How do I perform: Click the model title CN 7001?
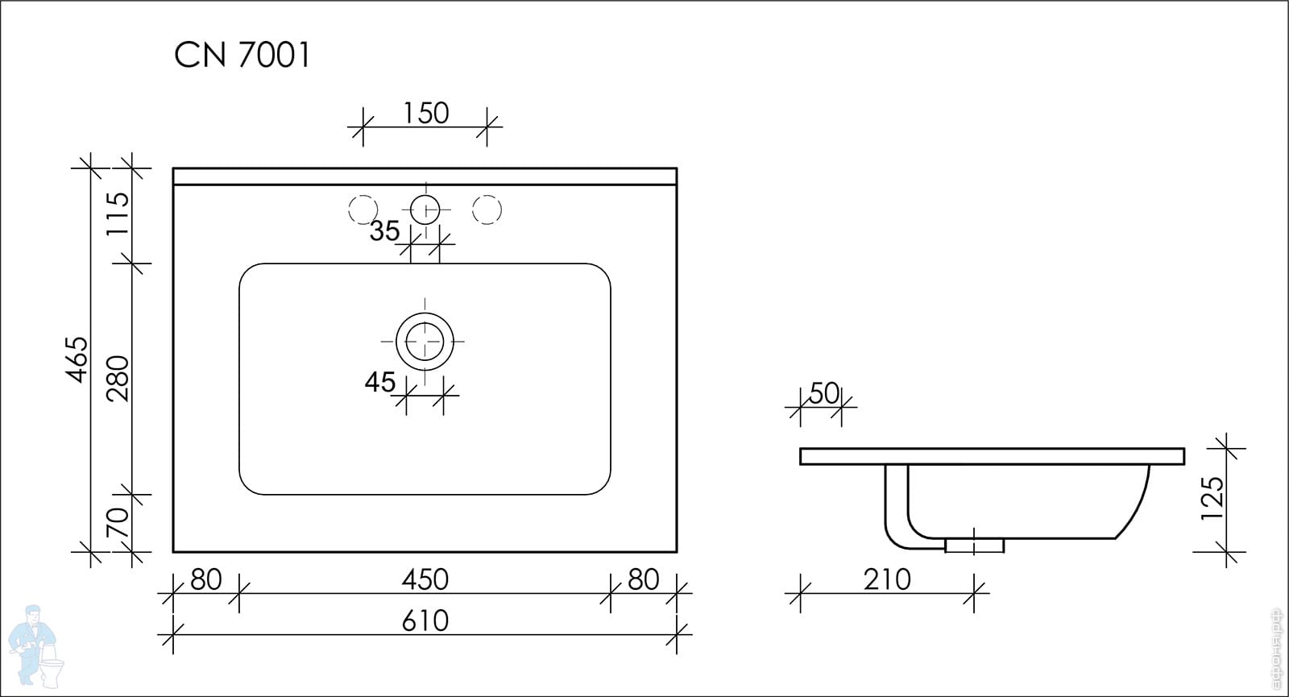point(242,56)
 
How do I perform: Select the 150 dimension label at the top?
point(426,113)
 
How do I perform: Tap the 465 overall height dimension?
point(77,359)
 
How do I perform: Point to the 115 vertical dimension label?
point(118,213)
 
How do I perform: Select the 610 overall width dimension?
point(425,621)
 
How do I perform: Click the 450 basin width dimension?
point(425,579)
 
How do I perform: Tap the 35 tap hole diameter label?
point(384,230)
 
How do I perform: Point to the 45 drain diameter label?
point(379,382)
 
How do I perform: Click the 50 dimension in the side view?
point(824,394)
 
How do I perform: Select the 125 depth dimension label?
point(1212,499)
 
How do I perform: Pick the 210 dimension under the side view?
point(887,579)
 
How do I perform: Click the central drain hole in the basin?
point(425,342)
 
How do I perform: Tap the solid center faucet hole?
point(425,210)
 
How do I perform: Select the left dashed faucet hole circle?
point(363,210)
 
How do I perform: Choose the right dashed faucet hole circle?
point(487,210)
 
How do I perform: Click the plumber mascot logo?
point(35,645)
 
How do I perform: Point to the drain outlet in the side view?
point(974,545)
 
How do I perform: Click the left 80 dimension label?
point(205,579)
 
